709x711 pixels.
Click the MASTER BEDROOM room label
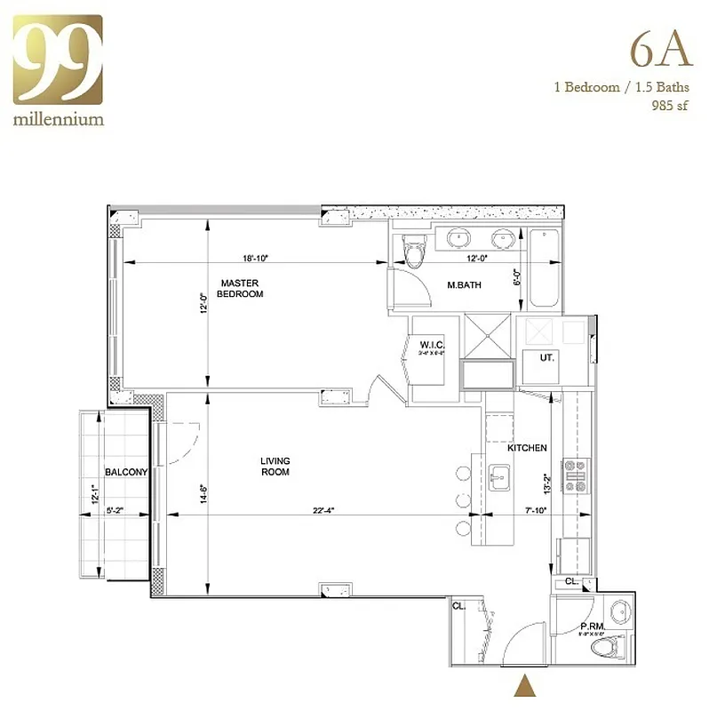pyautogui.click(x=240, y=288)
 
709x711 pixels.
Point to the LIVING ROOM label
pyautogui.click(x=275, y=467)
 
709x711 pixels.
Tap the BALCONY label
pyautogui.click(x=125, y=472)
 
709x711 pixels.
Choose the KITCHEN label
pyautogui.click(x=527, y=448)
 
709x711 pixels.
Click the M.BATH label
pyautogui.click(x=463, y=285)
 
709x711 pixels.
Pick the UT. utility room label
pyautogui.click(x=548, y=356)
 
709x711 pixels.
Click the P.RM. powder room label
pyautogui.click(x=593, y=626)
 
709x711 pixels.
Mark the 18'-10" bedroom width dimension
pyautogui.click(x=254, y=259)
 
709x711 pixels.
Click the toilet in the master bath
pyautogui.click(x=413, y=251)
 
